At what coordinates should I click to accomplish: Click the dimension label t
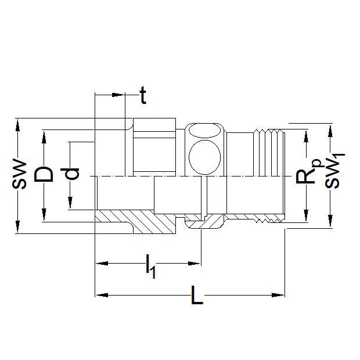tap(142, 96)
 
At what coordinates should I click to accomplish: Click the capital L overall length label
tap(197, 298)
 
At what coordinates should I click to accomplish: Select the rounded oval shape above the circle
tap(204, 131)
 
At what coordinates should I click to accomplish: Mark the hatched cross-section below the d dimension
tap(134, 221)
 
